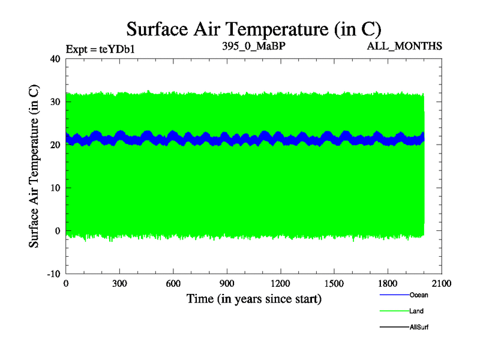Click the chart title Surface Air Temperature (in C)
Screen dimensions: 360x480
click(x=253, y=28)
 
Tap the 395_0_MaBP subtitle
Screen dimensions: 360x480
click(x=253, y=46)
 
